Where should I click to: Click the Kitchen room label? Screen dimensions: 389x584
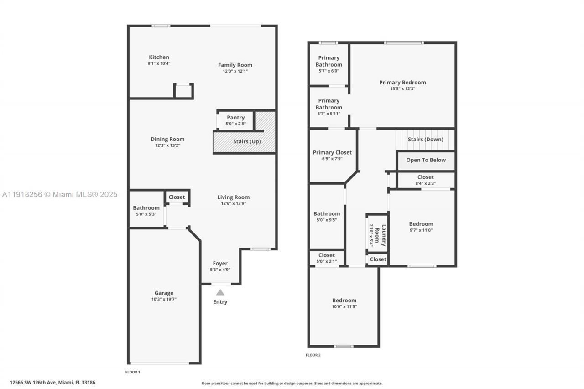click(x=159, y=57)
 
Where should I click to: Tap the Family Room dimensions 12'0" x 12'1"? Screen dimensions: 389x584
click(x=235, y=71)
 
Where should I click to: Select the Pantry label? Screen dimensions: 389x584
click(x=235, y=118)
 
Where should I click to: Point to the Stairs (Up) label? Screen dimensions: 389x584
click(x=247, y=141)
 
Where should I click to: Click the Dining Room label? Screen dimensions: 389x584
click(x=167, y=139)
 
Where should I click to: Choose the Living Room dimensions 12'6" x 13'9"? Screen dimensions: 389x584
click(x=233, y=203)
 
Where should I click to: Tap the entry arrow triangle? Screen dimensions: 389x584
click(x=220, y=292)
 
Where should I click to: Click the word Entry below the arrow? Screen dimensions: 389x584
click(x=220, y=302)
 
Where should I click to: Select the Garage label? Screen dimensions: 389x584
click(x=164, y=293)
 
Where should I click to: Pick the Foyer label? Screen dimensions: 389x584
click(x=220, y=263)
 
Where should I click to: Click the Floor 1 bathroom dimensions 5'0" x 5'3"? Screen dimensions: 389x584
click(x=146, y=214)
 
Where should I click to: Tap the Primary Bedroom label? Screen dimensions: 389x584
click(x=402, y=83)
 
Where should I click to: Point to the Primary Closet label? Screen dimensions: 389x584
click(x=332, y=152)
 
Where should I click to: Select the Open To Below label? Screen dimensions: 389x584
click(x=426, y=160)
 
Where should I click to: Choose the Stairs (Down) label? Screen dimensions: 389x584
click(x=425, y=140)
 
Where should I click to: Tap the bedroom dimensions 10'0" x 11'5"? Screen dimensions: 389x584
click(x=344, y=307)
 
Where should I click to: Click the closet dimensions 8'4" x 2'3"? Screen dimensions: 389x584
click(x=425, y=183)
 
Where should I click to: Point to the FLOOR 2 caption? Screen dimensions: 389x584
click(x=313, y=355)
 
